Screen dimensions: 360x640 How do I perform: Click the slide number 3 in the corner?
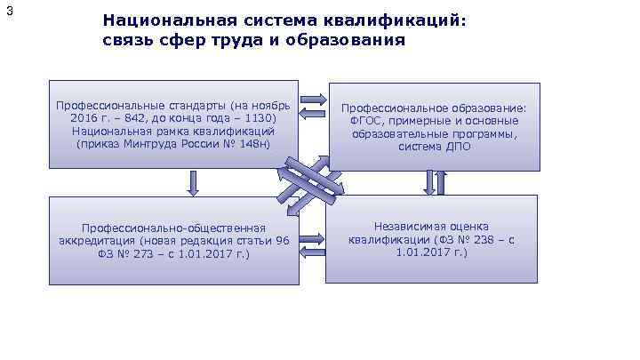point(9,11)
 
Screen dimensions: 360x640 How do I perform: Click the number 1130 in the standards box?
point(260,117)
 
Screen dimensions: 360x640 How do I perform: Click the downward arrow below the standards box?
point(192,182)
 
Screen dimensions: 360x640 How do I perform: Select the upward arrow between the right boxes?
point(441,182)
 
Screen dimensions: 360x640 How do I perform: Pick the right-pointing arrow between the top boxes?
point(313,99)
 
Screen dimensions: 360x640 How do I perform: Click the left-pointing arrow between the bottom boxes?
point(313,253)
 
